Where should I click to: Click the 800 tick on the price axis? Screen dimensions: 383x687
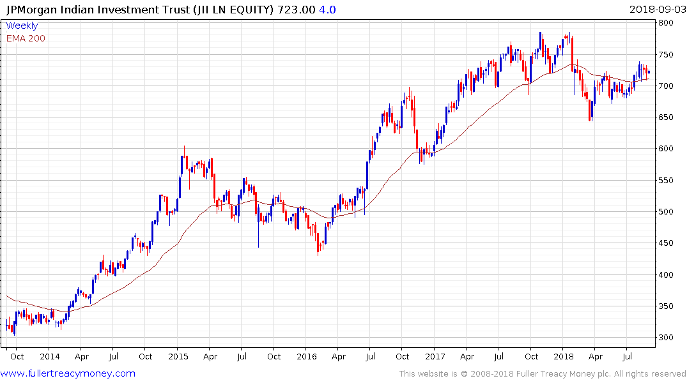tap(667, 23)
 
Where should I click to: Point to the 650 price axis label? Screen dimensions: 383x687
tap(667, 117)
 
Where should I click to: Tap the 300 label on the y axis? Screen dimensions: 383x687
tap(667, 338)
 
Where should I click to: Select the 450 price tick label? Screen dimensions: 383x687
tap(667, 243)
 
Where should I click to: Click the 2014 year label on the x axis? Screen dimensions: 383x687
tap(49, 356)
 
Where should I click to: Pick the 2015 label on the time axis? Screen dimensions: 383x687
tap(179, 356)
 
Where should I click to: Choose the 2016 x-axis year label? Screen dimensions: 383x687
tap(307, 356)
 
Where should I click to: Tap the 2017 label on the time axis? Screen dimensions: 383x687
tap(435, 356)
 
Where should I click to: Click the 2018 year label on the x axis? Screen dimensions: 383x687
tap(563, 356)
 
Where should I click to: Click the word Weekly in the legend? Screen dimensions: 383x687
tap(22, 26)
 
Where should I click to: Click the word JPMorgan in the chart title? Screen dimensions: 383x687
tap(31, 9)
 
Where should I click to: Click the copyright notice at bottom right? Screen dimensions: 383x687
tap(543, 374)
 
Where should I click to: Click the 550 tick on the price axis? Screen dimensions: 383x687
tap(667, 181)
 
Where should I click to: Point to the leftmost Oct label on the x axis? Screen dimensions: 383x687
tap(17, 356)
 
